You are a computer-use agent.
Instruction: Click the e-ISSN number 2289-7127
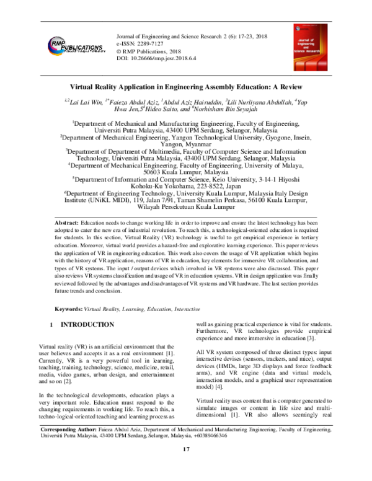[x=159, y=45]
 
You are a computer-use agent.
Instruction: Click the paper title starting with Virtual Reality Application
[x=185, y=88]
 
